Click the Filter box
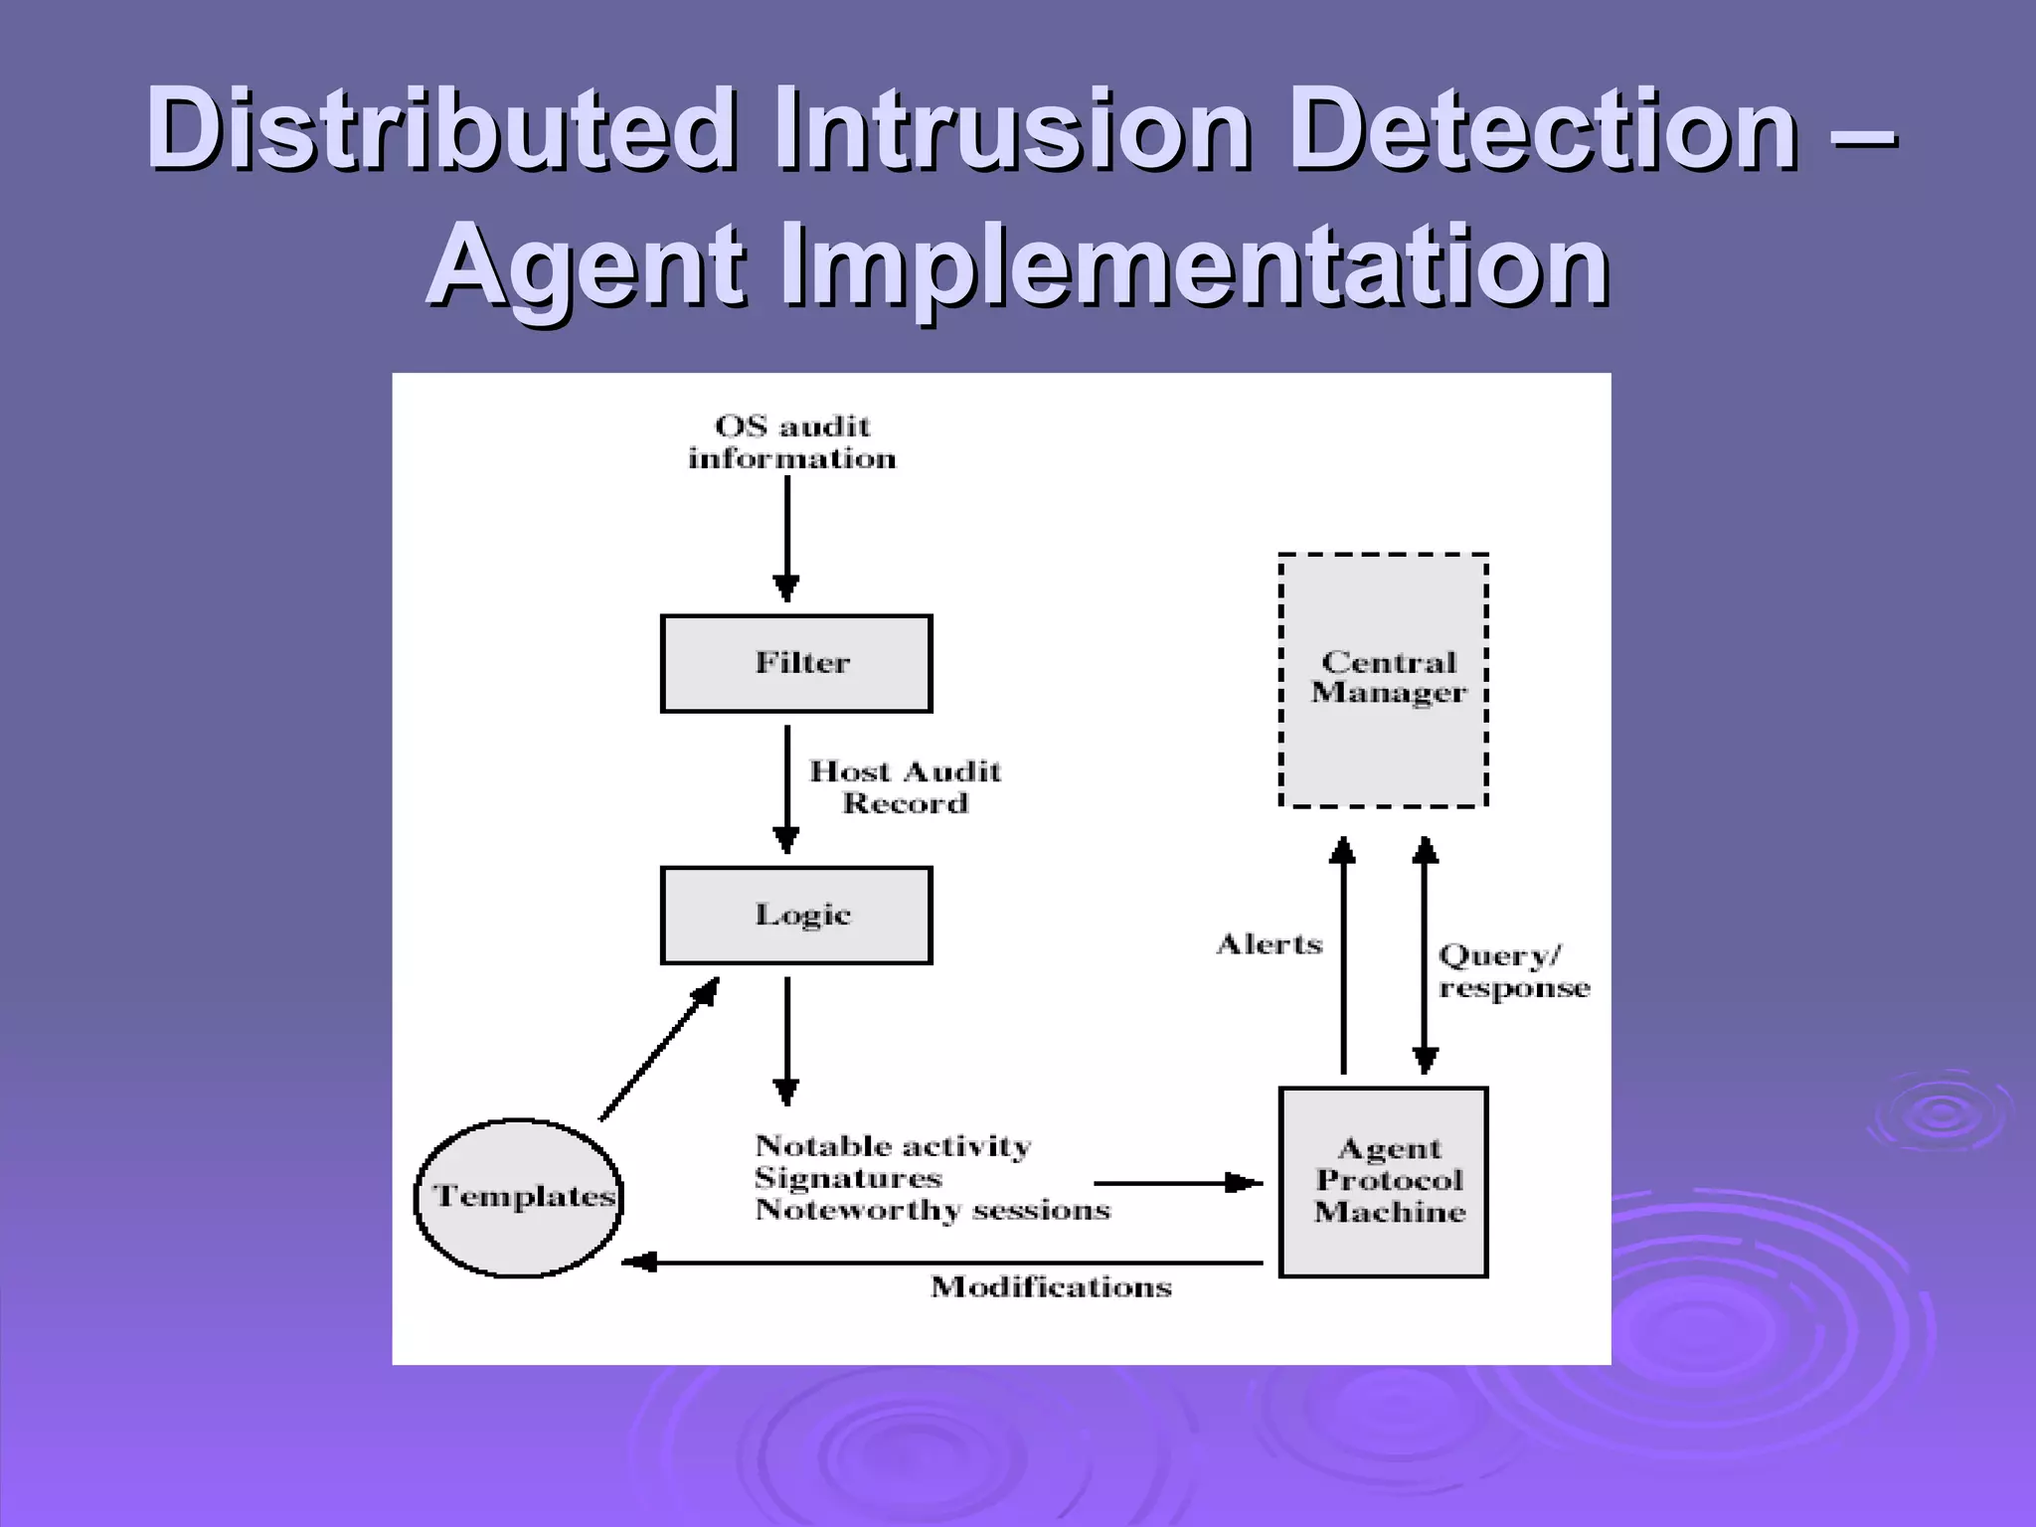[x=796, y=663]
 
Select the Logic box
[x=796, y=915]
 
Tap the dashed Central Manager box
[x=1383, y=680]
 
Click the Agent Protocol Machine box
[x=1383, y=1181]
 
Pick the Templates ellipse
[x=518, y=1197]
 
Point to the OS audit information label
[x=792, y=442]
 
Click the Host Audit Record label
[x=905, y=787]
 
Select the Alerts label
[x=1270, y=944]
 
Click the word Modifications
[x=1051, y=1287]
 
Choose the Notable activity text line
[x=892, y=1146]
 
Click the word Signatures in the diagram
[x=847, y=1179]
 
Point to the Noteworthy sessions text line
[x=932, y=1211]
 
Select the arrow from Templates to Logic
[x=658, y=1049]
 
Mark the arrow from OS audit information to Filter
[x=786, y=537]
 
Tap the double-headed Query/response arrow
[x=1425, y=954]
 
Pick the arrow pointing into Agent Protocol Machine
[x=1178, y=1183]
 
